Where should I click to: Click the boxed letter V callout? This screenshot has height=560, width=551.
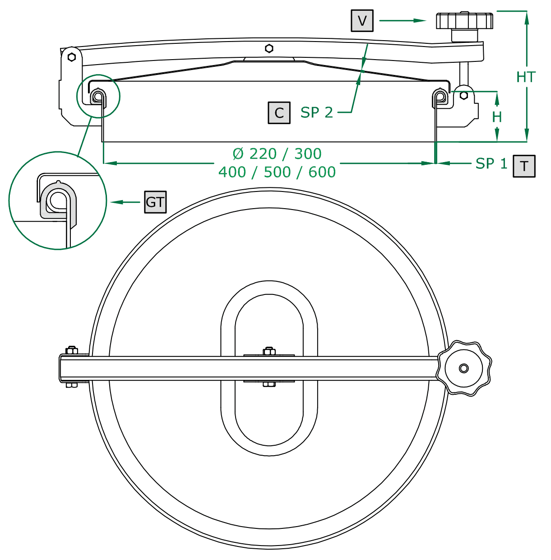coord(362,21)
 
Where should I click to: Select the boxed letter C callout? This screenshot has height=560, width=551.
coord(279,112)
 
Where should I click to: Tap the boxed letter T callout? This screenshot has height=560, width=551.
coord(524,166)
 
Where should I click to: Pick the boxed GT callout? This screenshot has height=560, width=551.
coord(155,202)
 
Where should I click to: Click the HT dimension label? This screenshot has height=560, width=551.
coord(526,77)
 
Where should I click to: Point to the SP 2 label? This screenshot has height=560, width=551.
coord(317,112)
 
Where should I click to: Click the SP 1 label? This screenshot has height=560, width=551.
coord(491,163)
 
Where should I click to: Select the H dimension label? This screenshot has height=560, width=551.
coord(497,117)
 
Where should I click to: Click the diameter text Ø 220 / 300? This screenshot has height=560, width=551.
coord(277,154)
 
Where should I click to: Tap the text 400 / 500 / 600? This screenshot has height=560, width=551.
coord(277,172)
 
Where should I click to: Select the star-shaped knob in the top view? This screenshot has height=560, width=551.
coord(463,368)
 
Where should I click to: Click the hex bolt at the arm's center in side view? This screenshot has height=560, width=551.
coord(269,48)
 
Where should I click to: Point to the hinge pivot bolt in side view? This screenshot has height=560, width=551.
coord(71,57)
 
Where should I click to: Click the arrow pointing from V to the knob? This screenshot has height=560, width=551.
coord(403,20)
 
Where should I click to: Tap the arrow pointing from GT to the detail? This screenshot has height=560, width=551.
coord(125,202)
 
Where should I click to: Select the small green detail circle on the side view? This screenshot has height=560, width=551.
coord(98,96)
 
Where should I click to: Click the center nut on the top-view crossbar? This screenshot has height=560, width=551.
coord(269,351)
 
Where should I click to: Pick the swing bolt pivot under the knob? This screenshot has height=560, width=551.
coord(463,96)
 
